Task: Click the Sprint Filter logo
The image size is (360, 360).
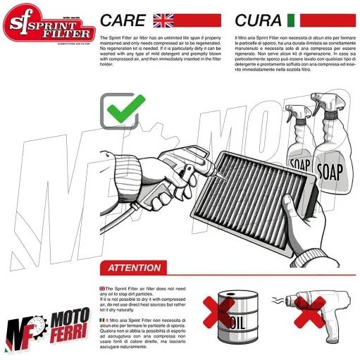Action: [47, 26]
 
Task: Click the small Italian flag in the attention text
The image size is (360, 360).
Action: [102, 321]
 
